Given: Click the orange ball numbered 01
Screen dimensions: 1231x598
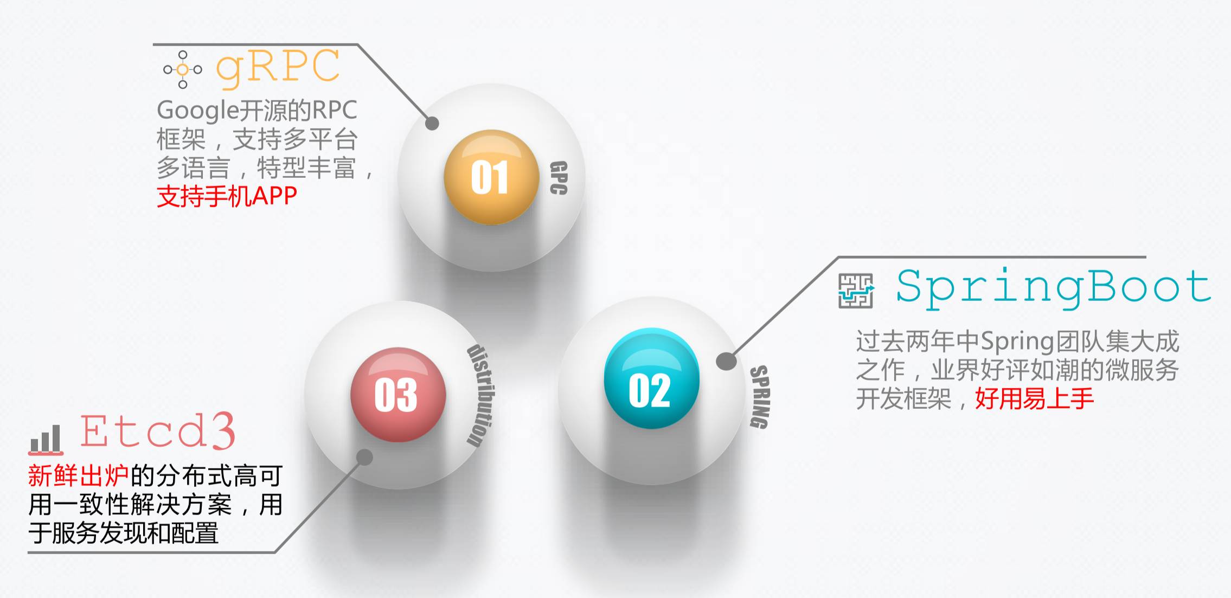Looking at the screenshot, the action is coord(490,177).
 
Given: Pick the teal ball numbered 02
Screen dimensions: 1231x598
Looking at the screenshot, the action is coord(651,378).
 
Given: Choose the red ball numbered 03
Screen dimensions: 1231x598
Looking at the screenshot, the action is coord(397,394).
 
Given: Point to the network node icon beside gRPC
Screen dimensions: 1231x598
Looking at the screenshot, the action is coord(183,69).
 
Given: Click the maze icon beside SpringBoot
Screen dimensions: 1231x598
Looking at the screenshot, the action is coord(856,291).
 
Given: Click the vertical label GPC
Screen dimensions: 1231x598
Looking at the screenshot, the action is coord(559,177).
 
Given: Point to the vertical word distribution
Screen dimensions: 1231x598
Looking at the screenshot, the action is coord(480,396).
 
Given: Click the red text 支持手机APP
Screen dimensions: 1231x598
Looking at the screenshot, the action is coord(227,196).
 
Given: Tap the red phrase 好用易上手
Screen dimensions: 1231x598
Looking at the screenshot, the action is coord(1034,399).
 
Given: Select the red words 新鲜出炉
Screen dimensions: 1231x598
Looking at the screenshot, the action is coord(78,476).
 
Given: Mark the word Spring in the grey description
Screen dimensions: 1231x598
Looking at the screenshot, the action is coord(1017,342).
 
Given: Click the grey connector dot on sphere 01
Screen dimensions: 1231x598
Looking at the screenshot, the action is coord(432,124).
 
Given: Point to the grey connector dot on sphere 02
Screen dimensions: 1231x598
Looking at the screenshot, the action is coord(726,361).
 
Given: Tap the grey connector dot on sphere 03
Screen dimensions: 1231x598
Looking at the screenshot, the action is coord(365,457).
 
